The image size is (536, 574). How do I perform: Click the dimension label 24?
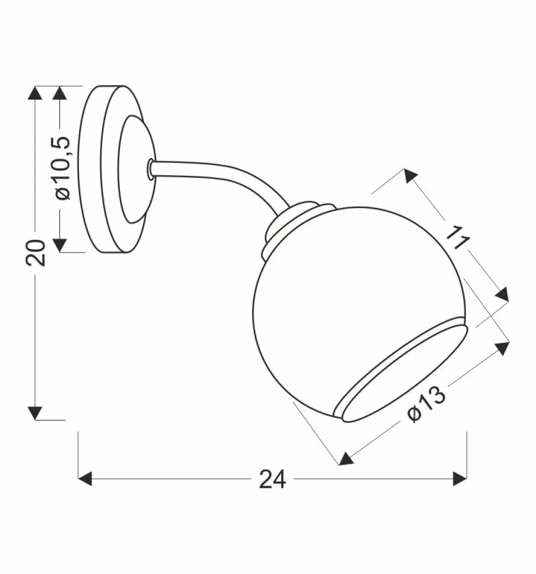pos(272,479)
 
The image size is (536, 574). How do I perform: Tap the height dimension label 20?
pos(35,253)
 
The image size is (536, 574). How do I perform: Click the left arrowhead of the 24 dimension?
pos(85,479)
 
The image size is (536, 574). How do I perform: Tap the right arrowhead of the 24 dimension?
pos(460,479)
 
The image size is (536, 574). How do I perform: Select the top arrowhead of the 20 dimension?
pos(35,93)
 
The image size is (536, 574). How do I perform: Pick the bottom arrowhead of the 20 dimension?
pos(35,413)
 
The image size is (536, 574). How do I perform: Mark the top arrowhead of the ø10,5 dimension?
pos(60,93)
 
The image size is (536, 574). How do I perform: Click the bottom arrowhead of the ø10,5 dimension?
pos(60,245)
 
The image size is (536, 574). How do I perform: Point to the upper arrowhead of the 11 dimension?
pos(409,176)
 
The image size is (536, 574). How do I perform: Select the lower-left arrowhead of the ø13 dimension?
pos(345,459)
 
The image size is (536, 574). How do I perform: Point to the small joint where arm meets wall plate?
pos(150,169)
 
